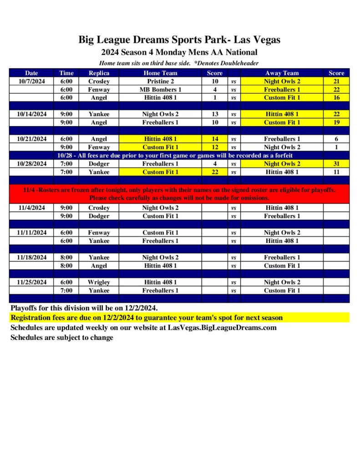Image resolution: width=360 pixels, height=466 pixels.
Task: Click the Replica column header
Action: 99,73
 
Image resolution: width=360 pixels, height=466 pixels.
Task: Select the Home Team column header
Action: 160,73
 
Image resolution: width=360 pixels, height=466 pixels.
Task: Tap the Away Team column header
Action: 282,73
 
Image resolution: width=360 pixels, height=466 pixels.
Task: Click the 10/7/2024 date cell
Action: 32,81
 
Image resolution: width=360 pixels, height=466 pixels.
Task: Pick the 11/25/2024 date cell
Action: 32,282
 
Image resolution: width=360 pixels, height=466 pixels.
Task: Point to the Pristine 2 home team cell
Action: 160,81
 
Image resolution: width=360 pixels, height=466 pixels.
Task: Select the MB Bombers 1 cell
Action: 160,89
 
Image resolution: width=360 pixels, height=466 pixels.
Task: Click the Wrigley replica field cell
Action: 99,282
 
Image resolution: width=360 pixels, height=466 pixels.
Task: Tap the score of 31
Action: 336,164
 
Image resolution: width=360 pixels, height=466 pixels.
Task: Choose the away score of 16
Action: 336,97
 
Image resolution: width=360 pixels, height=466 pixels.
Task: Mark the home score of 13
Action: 215,114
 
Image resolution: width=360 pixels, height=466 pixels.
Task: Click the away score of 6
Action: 336,139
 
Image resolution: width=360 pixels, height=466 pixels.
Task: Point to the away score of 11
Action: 336,172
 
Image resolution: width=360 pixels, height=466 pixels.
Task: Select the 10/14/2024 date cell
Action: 32,114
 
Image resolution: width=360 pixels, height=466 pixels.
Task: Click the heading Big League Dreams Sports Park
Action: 179,40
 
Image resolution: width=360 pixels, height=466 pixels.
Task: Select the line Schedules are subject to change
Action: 62,338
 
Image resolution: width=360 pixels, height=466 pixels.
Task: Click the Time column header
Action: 66,73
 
